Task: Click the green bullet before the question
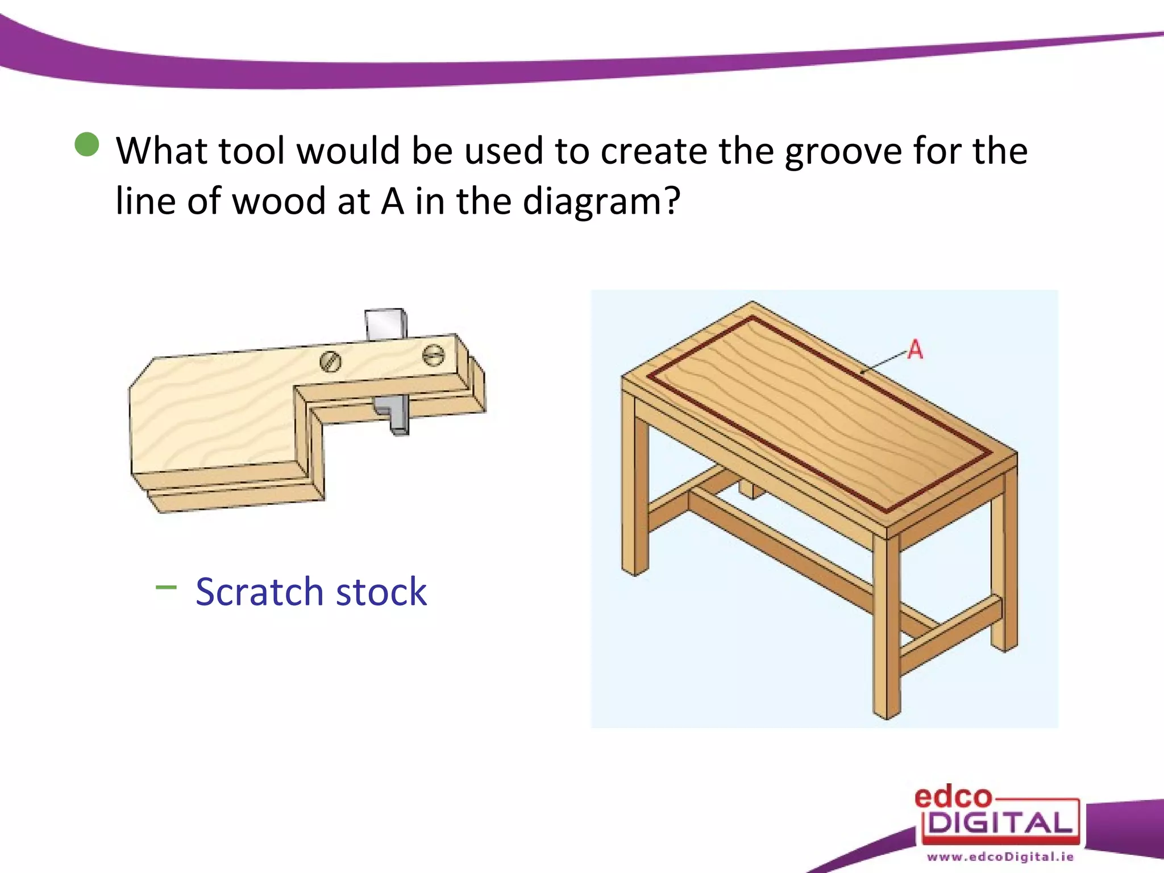87,144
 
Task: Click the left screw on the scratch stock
330,361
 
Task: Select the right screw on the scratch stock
434,356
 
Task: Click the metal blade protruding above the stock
385,325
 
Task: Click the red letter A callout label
914,349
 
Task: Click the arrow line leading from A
884,363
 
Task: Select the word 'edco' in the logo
953,797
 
